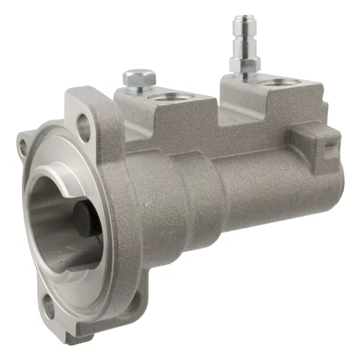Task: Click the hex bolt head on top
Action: (x=139, y=78)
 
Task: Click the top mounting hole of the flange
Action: (x=83, y=122)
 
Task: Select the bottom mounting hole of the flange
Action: (x=48, y=306)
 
